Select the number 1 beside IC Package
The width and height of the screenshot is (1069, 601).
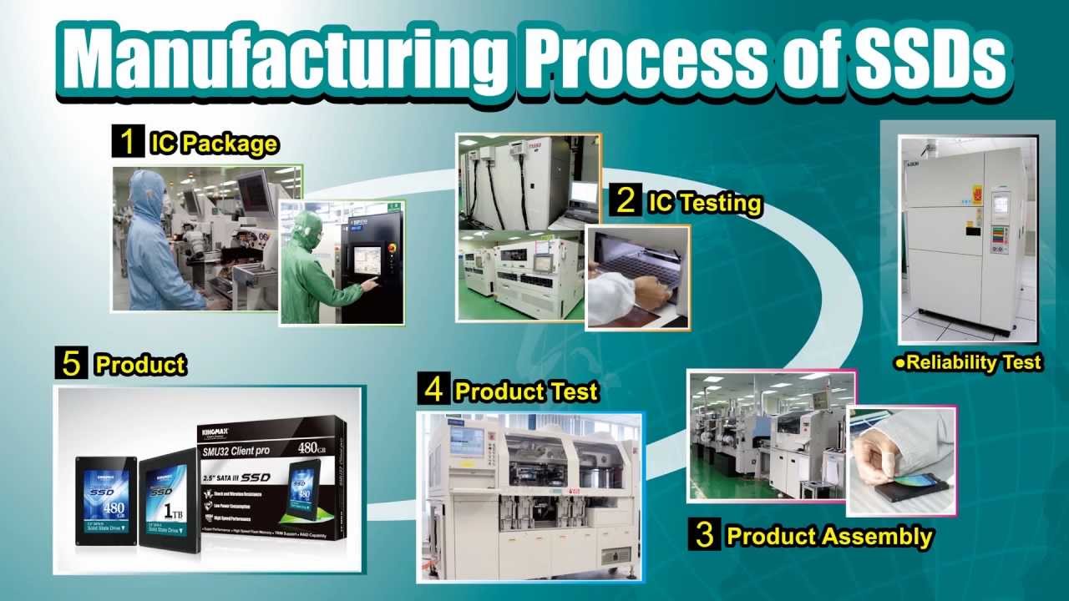[x=128, y=142]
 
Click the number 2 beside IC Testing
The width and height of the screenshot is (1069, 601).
[x=625, y=201]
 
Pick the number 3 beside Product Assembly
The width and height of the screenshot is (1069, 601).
[x=704, y=535]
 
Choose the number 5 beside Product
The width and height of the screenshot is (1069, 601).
[x=71, y=364]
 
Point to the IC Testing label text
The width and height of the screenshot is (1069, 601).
[x=705, y=202]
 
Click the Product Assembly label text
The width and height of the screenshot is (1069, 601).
[x=828, y=536]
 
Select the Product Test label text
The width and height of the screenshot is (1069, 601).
[x=525, y=390]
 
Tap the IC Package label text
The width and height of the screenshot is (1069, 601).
[x=213, y=144]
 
